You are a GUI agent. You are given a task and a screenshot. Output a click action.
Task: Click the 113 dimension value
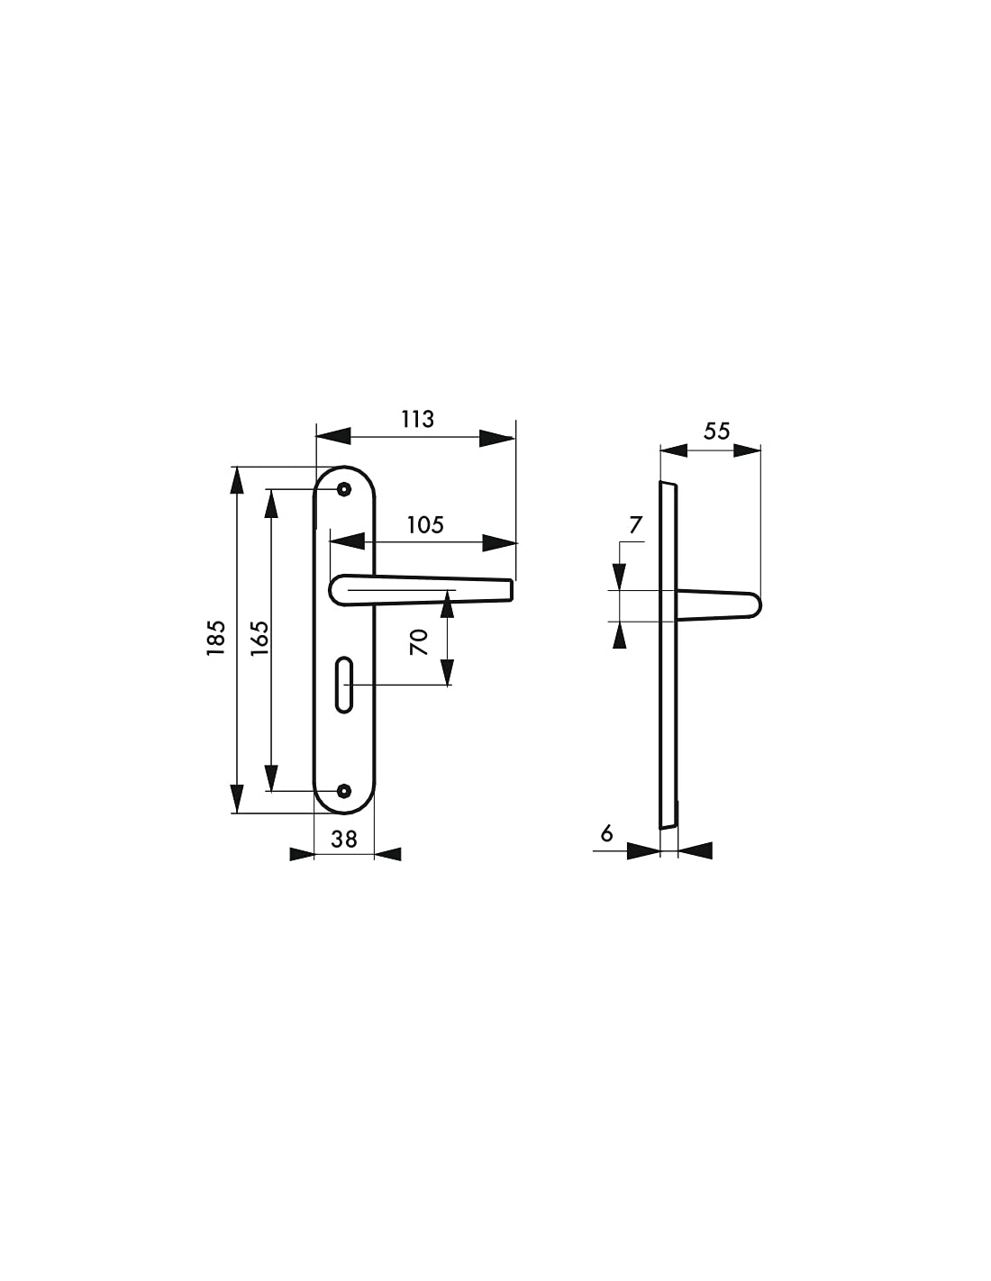[417, 419]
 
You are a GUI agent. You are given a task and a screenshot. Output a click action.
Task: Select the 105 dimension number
[425, 524]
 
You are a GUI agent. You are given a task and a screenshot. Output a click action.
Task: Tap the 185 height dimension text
[216, 637]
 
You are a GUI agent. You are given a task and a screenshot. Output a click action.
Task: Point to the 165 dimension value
[259, 637]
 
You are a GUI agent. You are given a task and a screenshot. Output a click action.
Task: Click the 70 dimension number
[419, 642]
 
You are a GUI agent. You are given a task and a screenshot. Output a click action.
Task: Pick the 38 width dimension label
[343, 839]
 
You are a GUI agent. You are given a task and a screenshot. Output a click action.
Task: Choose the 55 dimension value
[716, 431]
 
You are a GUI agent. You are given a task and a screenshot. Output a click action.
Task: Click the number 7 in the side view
[635, 524]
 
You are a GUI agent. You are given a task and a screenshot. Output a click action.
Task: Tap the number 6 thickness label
[606, 833]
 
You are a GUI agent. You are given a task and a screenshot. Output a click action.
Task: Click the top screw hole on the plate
[343, 489]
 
